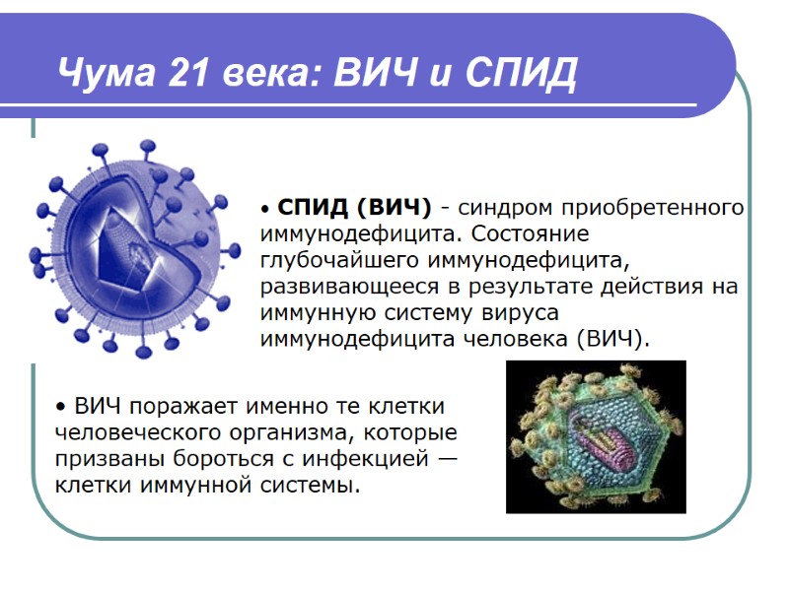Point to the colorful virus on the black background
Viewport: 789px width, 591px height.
[x=595, y=435]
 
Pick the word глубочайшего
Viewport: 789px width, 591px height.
[x=341, y=261]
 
